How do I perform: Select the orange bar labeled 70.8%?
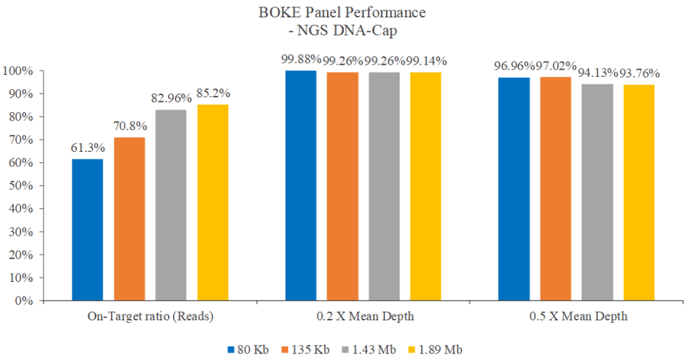[129, 218]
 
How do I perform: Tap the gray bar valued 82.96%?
[171, 205]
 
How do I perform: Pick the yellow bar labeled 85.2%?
[213, 202]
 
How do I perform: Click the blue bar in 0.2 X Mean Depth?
[301, 185]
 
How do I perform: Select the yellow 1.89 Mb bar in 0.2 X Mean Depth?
[426, 186]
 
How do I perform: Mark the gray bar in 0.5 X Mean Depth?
[597, 192]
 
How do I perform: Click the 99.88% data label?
[301, 60]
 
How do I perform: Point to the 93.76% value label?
[638, 73]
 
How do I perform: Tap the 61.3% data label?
[87, 148]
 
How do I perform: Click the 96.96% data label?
[514, 66]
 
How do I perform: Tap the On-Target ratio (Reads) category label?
[149, 316]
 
